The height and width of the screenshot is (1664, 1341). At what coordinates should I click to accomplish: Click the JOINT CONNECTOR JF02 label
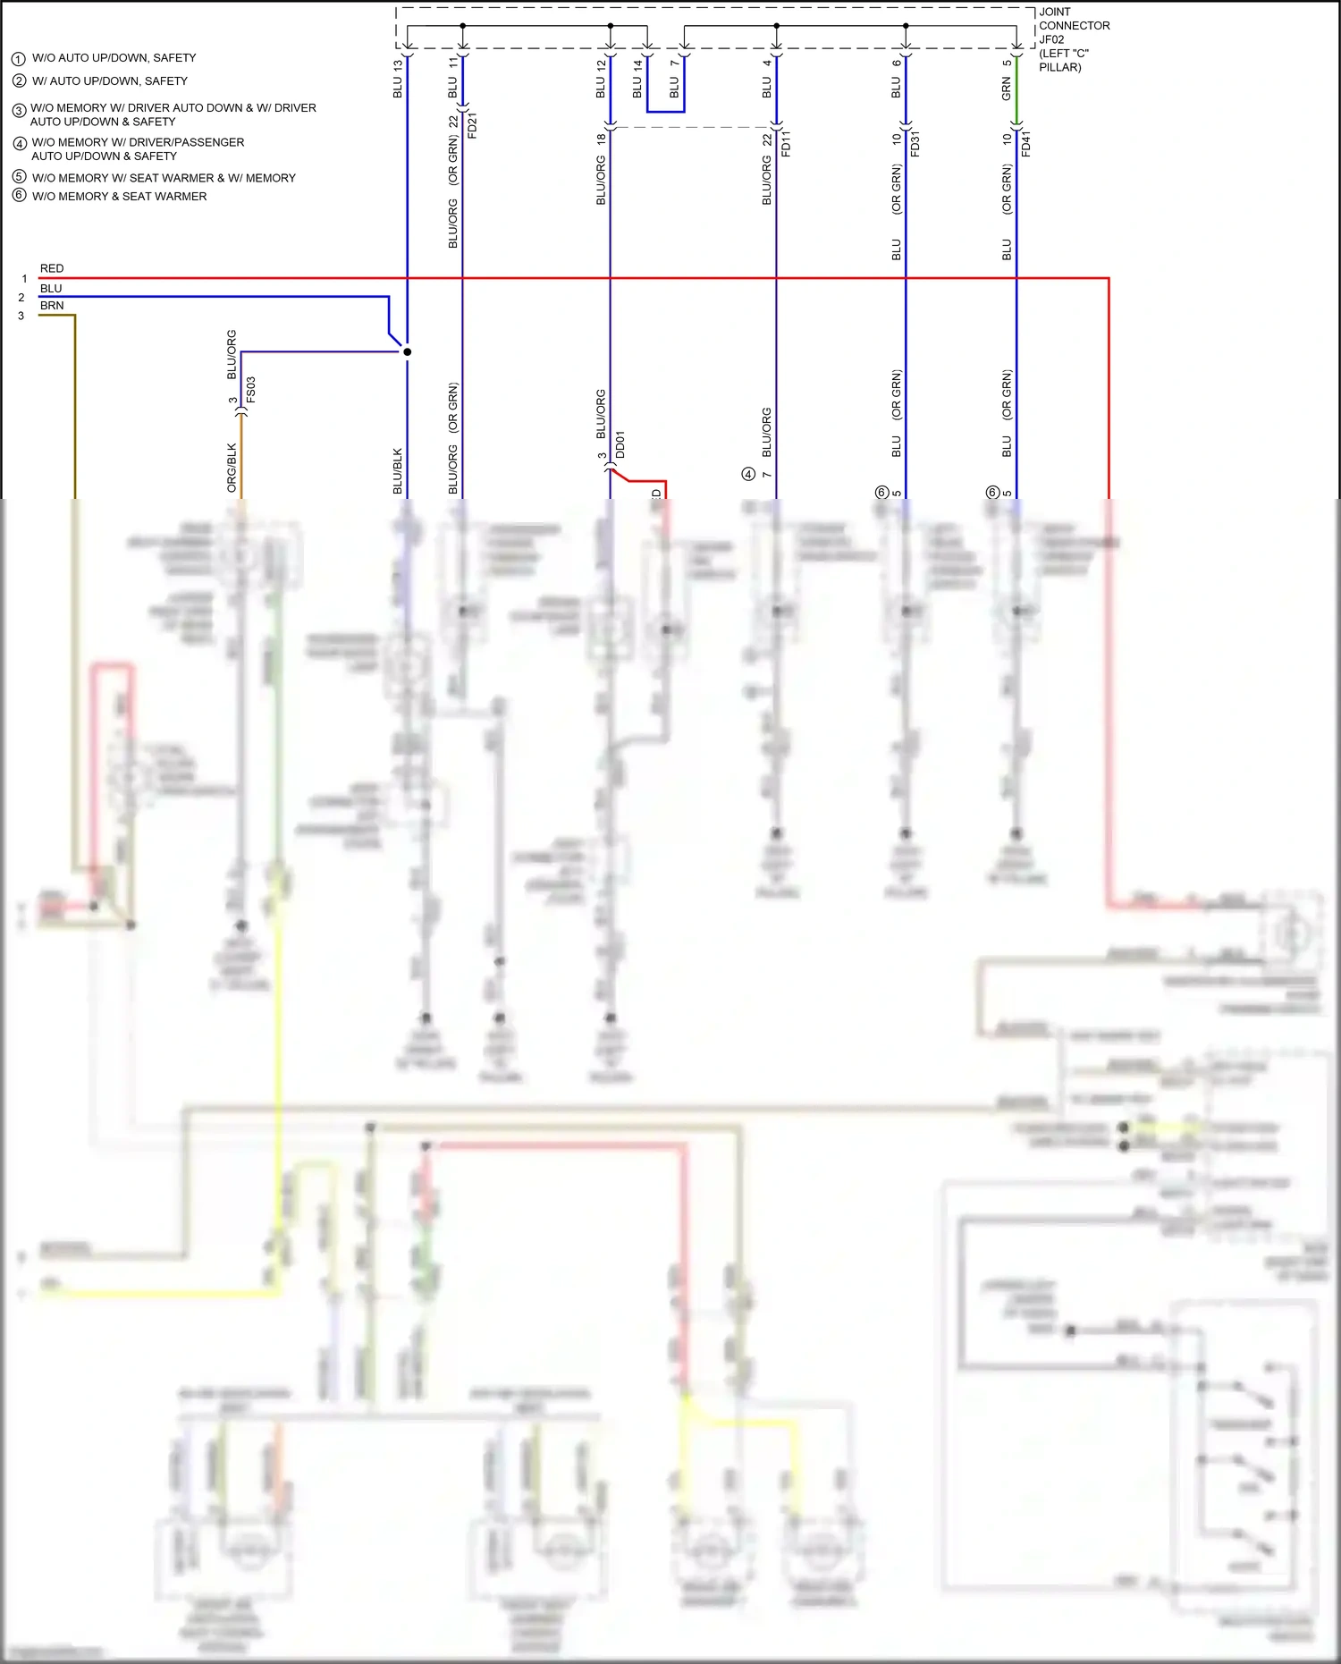[x=1073, y=39]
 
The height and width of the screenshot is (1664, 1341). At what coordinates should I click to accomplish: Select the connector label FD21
[x=473, y=125]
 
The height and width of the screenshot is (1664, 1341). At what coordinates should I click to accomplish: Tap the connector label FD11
[x=787, y=143]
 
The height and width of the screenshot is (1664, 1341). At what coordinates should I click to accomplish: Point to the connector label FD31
[x=915, y=143]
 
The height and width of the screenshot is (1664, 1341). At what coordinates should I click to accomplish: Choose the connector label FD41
[x=1026, y=143]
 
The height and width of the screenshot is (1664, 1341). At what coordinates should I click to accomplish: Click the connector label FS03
[x=251, y=390]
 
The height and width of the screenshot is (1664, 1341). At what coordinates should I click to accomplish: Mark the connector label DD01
[x=620, y=444]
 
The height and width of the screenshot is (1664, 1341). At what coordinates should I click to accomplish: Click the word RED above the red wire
[x=52, y=268]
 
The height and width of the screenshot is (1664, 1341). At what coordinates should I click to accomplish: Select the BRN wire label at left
[x=52, y=306]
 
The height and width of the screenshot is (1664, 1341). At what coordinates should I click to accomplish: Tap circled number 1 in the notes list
[x=18, y=59]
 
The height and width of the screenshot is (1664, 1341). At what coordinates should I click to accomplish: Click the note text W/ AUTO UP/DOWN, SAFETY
[x=110, y=81]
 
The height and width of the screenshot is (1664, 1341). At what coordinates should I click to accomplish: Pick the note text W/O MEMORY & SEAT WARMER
[x=119, y=197]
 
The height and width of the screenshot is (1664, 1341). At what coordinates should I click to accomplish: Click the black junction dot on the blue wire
[x=407, y=351]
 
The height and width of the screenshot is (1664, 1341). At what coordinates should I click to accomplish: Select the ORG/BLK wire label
[x=232, y=468]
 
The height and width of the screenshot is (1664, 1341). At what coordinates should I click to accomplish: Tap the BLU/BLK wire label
[x=398, y=471]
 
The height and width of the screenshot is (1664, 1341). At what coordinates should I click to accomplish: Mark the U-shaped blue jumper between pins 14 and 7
[x=666, y=111]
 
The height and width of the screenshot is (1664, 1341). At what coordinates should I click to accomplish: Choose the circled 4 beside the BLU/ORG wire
[x=748, y=474]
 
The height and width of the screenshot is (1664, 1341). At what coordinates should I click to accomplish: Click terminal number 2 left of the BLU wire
[x=21, y=298]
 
